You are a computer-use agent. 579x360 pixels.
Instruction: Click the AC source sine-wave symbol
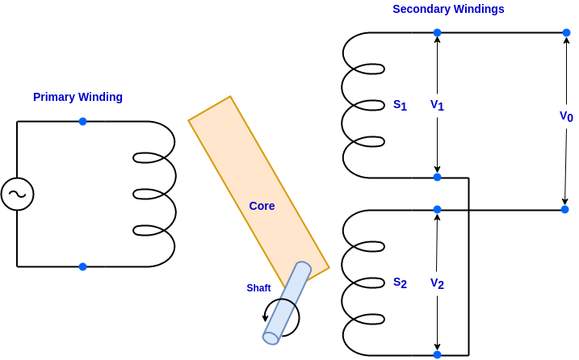[17, 195]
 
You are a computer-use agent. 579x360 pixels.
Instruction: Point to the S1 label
[400, 105]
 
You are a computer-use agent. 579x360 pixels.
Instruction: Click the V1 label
[437, 105]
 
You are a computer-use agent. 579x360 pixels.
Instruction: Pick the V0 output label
[566, 116]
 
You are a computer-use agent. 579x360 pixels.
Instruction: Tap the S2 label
[400, 283]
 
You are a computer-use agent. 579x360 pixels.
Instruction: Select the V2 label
[437, 283]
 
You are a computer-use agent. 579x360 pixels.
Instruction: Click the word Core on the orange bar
[262, 206]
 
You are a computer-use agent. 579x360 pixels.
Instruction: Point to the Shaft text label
[258, 288]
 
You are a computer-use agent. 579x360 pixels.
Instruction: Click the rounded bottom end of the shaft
[271, 338]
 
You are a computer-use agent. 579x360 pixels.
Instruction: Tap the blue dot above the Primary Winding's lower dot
[82, 121]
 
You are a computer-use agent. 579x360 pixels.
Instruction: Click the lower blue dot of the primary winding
[82, 266]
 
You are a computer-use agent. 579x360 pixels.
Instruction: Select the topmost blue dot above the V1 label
[437, 32]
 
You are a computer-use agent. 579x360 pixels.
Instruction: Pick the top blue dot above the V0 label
[566, 32]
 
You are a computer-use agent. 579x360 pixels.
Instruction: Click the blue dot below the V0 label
[564, 209]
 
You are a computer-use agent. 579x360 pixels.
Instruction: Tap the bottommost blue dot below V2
[437, 354]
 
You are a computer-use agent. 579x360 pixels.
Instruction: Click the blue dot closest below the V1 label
[437, 177]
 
